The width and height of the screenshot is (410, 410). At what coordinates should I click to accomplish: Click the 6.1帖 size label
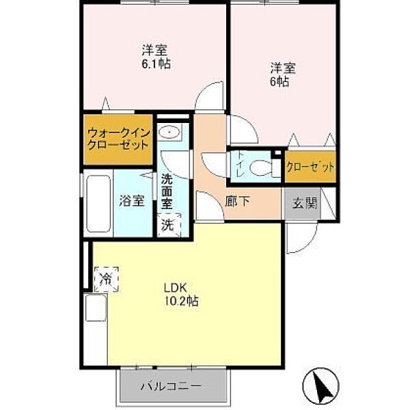pyautogui.click(x=156, y=64)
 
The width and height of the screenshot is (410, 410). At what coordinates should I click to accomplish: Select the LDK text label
pyautogui.click(x=175, y=288)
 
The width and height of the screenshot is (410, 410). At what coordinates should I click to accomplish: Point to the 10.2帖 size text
pyautogui.click(x=181, y=301)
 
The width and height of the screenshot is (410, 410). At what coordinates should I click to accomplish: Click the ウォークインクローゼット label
pyautogui.click(x=119, y=139)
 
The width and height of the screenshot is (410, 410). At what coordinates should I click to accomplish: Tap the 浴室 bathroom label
pyautogui.click(x=132, y=200)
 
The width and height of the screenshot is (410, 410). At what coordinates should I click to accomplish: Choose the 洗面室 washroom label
pyautogui.click(x=167, y=191)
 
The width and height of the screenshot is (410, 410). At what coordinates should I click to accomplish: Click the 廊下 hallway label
pyautogui.click(x=238, y=202)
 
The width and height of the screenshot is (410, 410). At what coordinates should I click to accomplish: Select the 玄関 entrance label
pyautogui.click(x=305, y=203)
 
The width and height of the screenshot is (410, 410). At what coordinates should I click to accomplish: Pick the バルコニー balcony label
pyautogui.click(x=172, y=386)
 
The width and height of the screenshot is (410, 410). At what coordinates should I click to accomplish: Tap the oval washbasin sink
pyautogui.click(x=169, y=132)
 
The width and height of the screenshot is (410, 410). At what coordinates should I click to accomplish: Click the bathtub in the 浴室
pyautogui.click(x=98, y=204)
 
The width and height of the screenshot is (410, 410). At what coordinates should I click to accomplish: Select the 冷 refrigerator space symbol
pyautogui.click(x=107, y=279)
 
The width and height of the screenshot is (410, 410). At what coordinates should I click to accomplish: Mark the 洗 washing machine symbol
pyautogui.click(x=168, y=225)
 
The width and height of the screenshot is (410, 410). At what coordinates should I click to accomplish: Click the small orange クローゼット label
pyautogui.click(x=310, y=167)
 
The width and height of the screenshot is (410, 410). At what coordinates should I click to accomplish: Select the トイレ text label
pyautogui.click(x=240, y=165)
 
